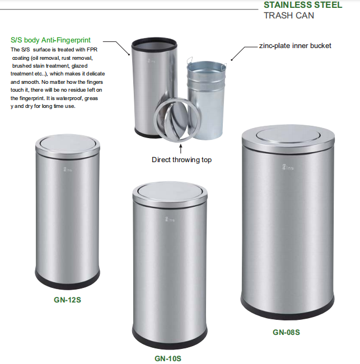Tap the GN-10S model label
(x=167, y=358)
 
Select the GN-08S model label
(x=287, y=332)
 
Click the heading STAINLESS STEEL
(x=302, y=5)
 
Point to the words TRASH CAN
(x=289, y=16)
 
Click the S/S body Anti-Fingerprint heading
(x=51, y=40)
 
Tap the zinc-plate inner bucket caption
(x=295, y=45)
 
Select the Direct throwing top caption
(x=181, y=159)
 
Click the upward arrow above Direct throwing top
(x=181, y=148)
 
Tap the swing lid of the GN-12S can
(x=67, y=144)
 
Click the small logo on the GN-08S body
(x=288, y=166)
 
